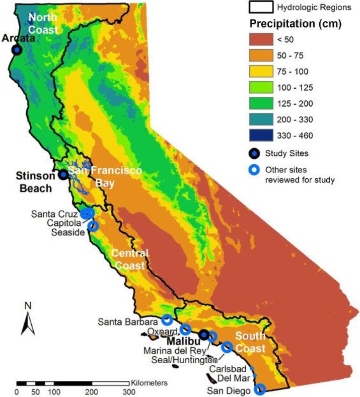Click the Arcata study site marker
[x=16, y=50]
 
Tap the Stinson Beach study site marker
[x=63, y=175]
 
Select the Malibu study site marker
[x=204, y=335]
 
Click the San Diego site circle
[x=260, y=389]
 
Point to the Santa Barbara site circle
[x=167, y=320]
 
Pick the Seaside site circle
[x=93, y=226]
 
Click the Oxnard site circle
[x=185, y=329]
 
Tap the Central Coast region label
[x=130, y=260]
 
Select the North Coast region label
[x=43, y=23]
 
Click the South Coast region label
[x=250, y=342]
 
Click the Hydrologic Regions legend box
[x=262, y=7]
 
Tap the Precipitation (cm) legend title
[x=295, y=24]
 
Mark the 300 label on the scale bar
[x=126, y=392]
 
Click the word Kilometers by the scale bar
[x=149, y=383]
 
